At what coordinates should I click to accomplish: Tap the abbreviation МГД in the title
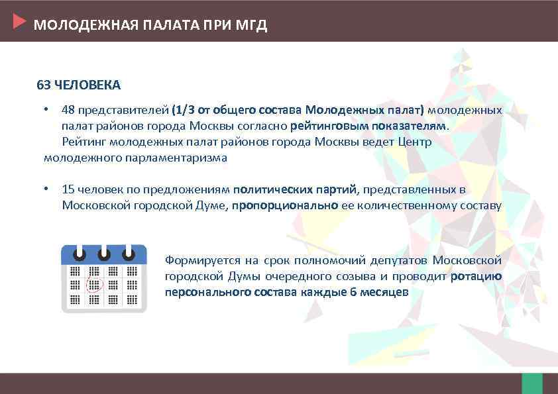(x=252, y=26)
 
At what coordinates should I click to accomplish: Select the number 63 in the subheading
(x=43, y=85)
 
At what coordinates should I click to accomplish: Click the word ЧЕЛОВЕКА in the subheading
(x=86, y=85)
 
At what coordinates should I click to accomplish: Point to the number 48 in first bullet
(x=68, y=109)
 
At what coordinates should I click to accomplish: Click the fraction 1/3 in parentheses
(x=184, y=109)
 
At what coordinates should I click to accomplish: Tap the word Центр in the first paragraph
(x=416, y=142)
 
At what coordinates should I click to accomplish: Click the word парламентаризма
(x=176, y=158)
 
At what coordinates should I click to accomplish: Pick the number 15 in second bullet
(x=68, y=189)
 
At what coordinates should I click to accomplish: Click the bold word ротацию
(x=476, y=276)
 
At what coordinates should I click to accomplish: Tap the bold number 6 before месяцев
(x=353, y=292)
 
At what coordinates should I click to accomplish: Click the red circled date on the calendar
(x=94, y=285)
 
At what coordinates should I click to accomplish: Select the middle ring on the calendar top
(x=103, y=254)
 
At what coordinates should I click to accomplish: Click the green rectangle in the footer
(x=532, y=383)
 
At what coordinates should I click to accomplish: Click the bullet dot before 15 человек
(x=46, y=189)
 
